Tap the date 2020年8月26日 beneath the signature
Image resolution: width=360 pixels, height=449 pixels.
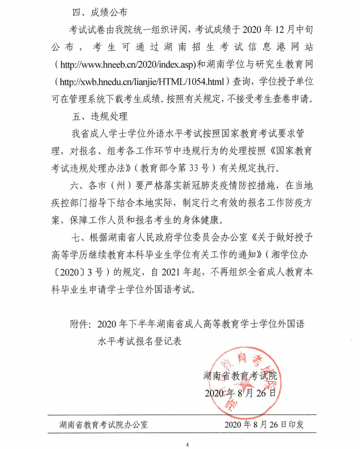click(x=240, y=394)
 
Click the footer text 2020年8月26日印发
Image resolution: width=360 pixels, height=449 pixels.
click(x=264, y=425)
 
